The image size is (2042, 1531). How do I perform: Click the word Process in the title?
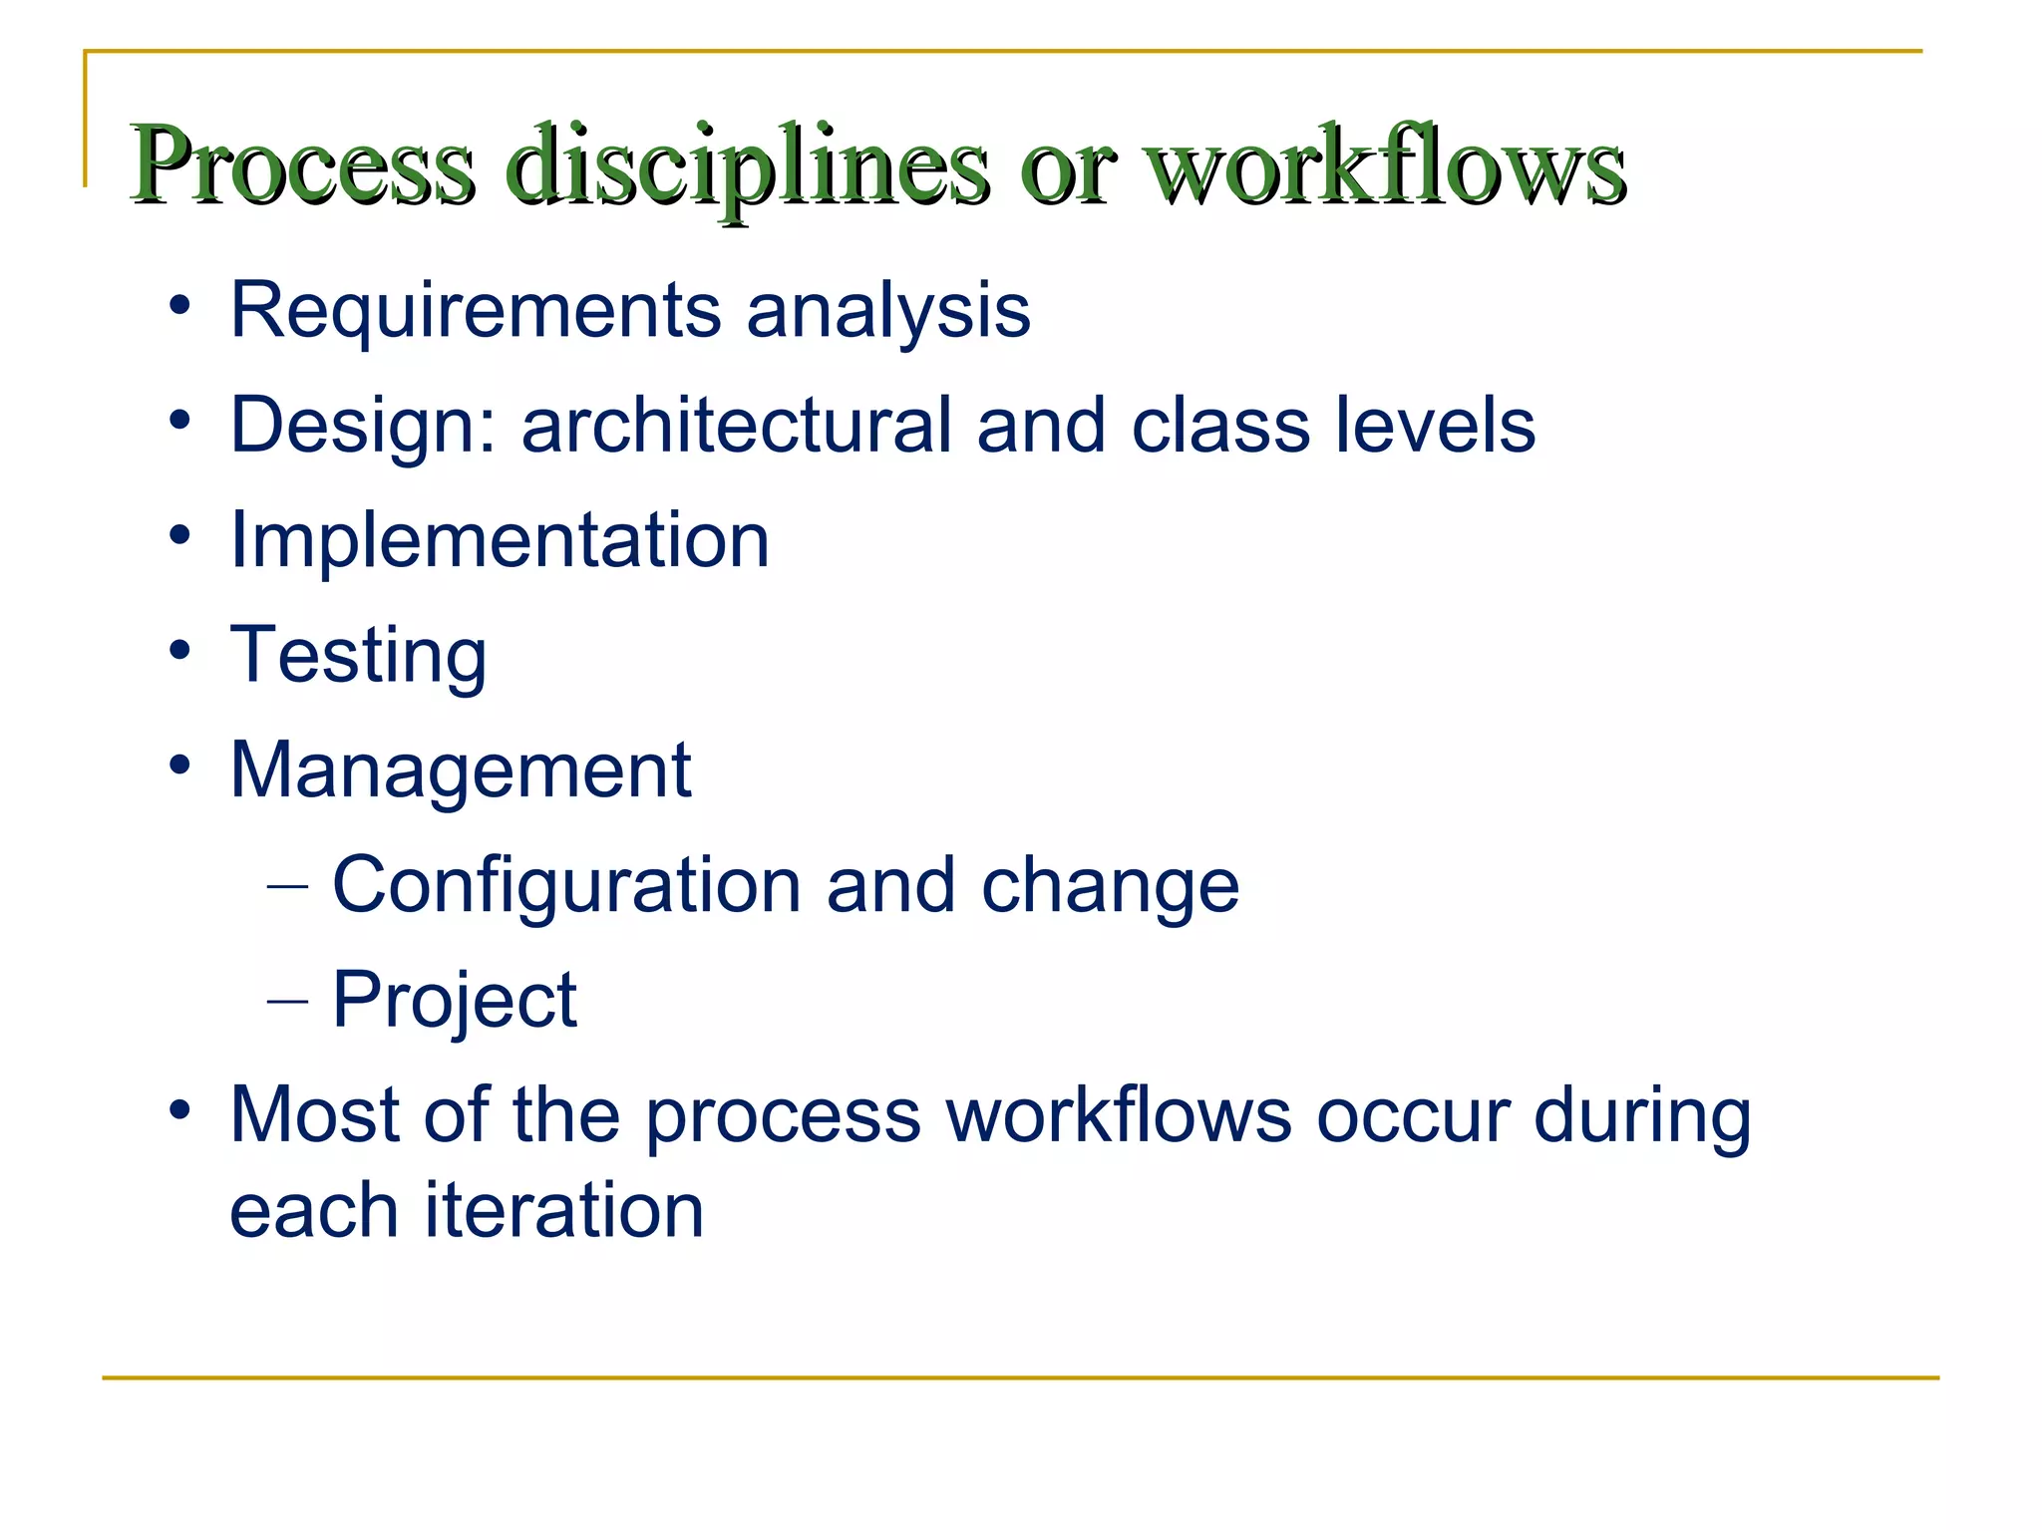point(302,164)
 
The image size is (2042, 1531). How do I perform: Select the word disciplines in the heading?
point(747,164)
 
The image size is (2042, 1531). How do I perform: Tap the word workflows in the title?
point(1386,164)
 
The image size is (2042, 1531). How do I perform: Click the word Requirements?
point(476,310)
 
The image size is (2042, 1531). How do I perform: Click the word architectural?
point(736,425)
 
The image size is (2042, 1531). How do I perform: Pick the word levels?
point(1435,425)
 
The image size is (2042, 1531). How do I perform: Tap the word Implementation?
point(500,541)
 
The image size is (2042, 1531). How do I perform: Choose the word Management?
point(461,771)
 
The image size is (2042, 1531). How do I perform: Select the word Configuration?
point(566,886)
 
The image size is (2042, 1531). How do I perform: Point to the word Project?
point(454,1001)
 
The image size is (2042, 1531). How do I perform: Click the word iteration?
point(564,1210)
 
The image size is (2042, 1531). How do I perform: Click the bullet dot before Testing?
point(179,651)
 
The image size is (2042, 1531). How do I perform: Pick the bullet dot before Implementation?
point(179,536)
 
